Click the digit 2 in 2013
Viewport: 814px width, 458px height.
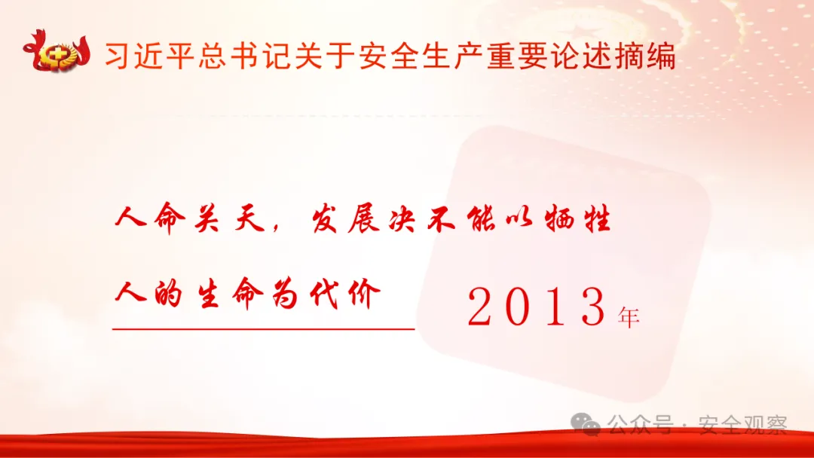(x=485, y=307)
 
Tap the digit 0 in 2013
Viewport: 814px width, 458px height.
(x=525, y=307)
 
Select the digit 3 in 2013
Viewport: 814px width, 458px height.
(x=592, y=307)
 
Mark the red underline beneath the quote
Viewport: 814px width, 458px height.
(x=264, y=328)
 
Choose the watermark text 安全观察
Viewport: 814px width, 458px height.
(x=742, y=426)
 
